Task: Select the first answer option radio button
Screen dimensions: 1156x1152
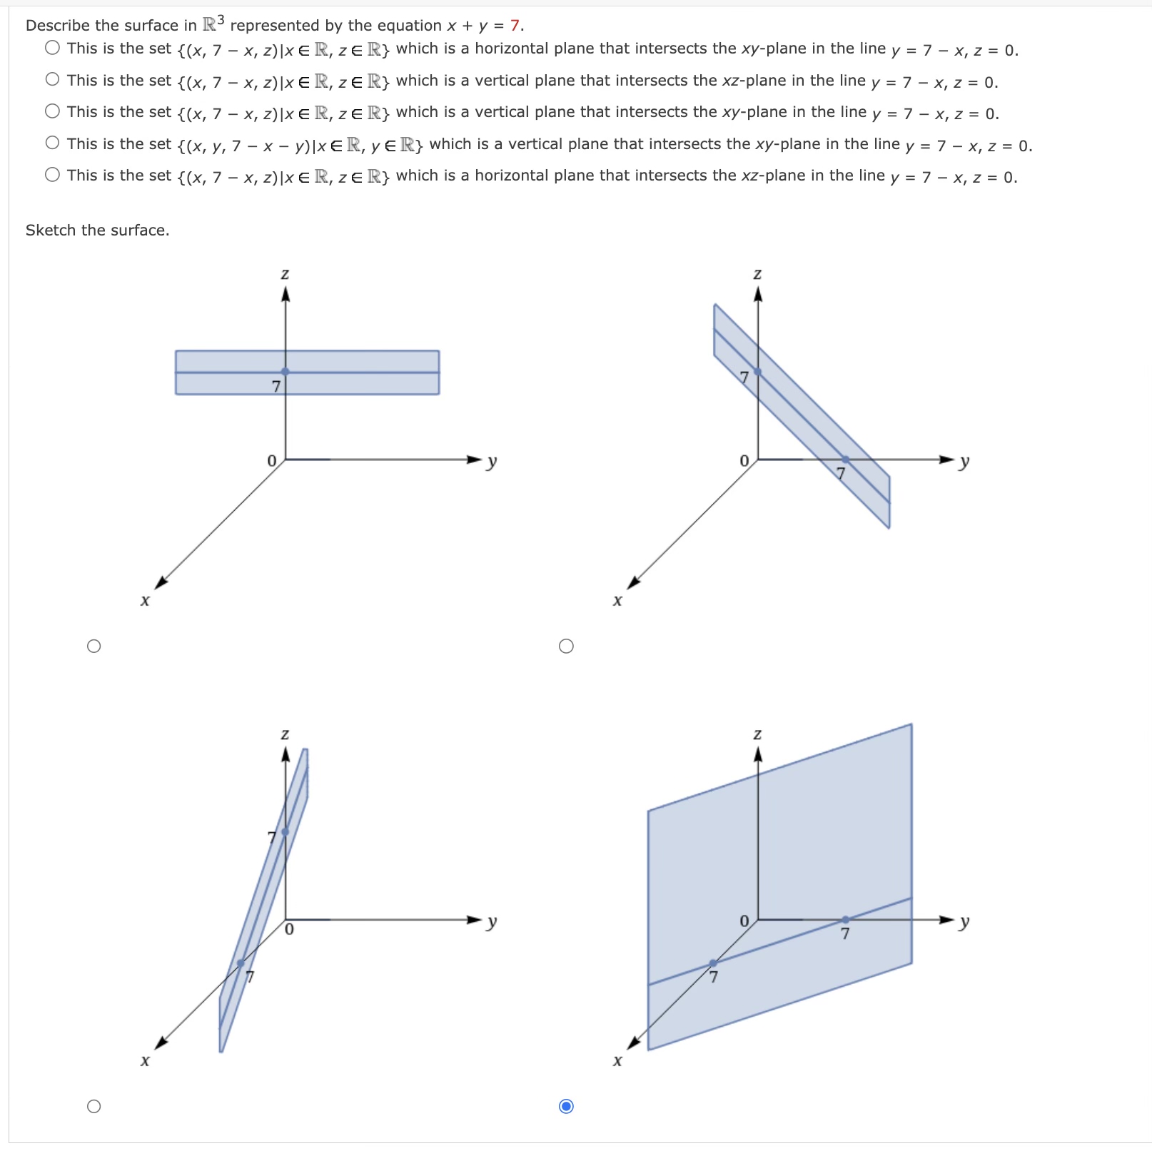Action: (x=52, y=48)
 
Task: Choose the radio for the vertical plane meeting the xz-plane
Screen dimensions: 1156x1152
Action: (x=52, y=79)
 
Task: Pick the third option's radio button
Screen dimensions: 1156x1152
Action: (x=52, y=111)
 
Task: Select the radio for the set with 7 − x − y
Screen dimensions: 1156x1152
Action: (x=52, y=143)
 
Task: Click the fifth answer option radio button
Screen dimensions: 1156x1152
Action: (x=52, y=174)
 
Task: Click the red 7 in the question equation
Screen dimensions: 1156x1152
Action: (x=515, y=26)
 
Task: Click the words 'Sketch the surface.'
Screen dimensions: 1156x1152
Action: (x=97, y=230)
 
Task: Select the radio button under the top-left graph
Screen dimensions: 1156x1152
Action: (x=94, y=647)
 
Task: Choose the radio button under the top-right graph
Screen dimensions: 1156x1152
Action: (x=566, y=647)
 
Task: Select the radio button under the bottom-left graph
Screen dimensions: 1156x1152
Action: (x=94, y=1107)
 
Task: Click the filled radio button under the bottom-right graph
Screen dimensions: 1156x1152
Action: (x=566, y=1107)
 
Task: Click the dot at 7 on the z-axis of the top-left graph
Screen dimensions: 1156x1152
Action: (x=286, y=372)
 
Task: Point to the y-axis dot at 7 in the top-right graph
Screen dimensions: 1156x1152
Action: (x=845, y=460)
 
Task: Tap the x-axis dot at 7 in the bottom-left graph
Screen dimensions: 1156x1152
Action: (x=241, y=963)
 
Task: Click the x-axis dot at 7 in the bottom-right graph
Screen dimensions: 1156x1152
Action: (x=713, y=963)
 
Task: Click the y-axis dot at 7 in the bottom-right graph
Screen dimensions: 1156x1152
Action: (x=845, y=920)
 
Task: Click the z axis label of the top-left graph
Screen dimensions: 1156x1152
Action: (x=285, y=274)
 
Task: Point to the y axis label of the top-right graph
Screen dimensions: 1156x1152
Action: (x=964, y=461)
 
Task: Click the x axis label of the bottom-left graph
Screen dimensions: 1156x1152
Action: (x=145, y=1061)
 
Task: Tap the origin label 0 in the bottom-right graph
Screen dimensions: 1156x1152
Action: (x=744, y=921)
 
